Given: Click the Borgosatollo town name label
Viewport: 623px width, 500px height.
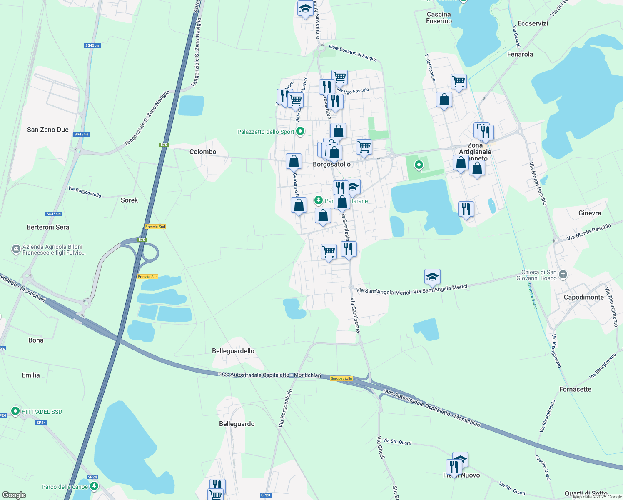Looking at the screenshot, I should click(x=331, y=165).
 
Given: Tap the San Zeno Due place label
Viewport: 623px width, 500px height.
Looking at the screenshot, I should click(x=48, y=130).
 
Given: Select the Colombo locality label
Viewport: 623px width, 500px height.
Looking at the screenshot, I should click(x=203, y=152).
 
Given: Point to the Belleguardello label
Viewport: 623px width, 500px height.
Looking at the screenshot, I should click(x=233, y=351).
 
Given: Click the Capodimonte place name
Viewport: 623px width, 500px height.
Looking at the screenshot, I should click(x=583, y=297).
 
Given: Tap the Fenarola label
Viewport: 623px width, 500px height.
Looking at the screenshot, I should click(x=520, y=54).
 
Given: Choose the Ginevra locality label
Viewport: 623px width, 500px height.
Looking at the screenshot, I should click(x=590, y=213).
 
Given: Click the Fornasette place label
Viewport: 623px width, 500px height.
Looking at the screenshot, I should click(x=575, y=389).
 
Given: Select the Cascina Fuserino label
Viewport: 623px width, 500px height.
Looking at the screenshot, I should click(x=439, y=17).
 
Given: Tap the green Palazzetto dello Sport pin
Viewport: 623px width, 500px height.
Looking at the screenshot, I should click(x=300, y=132).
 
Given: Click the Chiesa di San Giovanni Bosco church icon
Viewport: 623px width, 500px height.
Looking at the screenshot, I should click(x=563, y=274).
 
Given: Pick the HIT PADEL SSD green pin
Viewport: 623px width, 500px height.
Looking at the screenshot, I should click(x=15, y=411).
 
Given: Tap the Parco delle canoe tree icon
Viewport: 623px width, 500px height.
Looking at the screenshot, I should click(x=94, y=486).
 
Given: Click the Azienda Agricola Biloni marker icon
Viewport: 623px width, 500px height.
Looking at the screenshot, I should click(x=16, y=249).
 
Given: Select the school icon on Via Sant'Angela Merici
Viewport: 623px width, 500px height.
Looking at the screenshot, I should click(x=432, y=277).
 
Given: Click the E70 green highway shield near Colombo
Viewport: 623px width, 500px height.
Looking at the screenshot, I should click(x=164, y=145).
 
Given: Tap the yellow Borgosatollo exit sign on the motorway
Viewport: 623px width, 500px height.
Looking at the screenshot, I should click(x=341, y=378).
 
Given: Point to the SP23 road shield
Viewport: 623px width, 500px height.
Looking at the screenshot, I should click(x=265, y=495).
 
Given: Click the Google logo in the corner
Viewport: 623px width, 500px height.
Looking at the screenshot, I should click(x=14, y=495).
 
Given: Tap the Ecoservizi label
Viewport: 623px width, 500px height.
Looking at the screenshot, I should click(x=533, y=23).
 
